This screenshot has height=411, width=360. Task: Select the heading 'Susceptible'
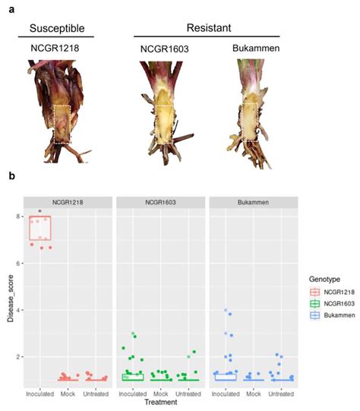point(60,29)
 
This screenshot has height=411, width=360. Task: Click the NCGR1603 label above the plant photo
point(162,49)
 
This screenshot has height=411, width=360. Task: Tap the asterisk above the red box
point(39,212)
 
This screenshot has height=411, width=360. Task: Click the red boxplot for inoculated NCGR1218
point(39,231)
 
